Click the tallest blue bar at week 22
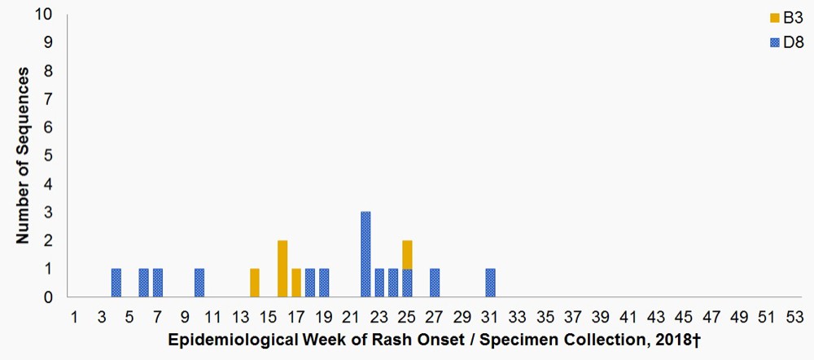point(365,254)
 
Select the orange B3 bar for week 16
point(282,269)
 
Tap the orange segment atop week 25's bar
point(407,254)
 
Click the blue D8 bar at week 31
point(490,283)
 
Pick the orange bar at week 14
point(255,283)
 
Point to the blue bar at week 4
point(116,283)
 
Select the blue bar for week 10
point(199,283)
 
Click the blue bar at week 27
point(435,283)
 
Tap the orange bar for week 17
point(296,283)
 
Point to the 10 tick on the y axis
point(46,14)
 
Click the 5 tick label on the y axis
point(50,156)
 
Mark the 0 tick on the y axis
point(50,297)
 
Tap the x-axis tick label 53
point(795,315)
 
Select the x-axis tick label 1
point(74,315)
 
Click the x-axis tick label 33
point(518,315)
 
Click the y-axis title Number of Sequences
point(25,156)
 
